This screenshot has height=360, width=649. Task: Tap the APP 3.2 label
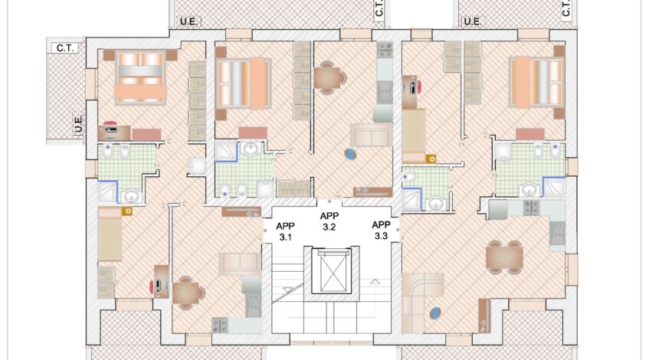tap(329, 221)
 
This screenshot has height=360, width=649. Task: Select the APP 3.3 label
tap(381, 231)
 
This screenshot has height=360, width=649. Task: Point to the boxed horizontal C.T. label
tap(65, 48)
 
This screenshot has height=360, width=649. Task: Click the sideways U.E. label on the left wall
tap(78, 124)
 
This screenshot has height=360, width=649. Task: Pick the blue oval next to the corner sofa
tap(435, 313)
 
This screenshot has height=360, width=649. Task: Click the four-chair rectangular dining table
tap(504, 257)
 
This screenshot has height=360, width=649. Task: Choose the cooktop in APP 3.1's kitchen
tap(220, 326)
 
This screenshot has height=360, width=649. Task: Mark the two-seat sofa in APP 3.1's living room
tap(240, 263)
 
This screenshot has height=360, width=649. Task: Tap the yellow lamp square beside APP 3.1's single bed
tap(127, 211)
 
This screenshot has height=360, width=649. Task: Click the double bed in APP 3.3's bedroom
tap(537, 83)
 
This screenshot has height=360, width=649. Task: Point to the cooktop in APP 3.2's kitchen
tap(385, 50)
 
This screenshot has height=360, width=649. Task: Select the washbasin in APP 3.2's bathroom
tap(251, 149)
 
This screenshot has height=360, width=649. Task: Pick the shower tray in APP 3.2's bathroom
tap(226, 152)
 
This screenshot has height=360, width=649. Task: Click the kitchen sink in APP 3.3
tap(557, 234)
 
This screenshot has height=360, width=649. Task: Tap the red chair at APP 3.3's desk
tap(419, 87)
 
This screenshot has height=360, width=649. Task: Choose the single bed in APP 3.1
tap(110, 234)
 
